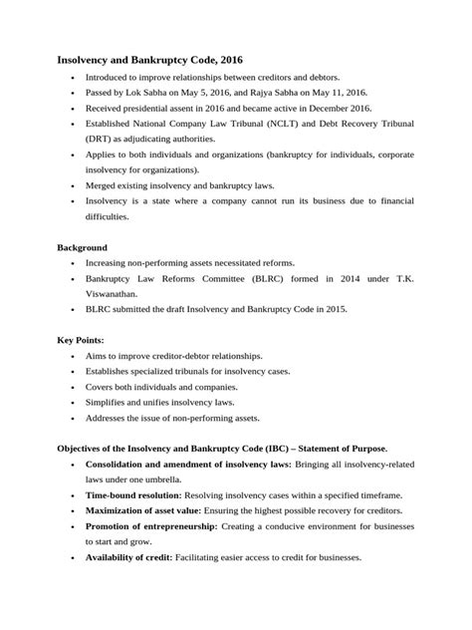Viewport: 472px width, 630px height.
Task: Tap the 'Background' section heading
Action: [83, 247]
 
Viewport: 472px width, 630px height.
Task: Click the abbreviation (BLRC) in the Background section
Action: [252, 279]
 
